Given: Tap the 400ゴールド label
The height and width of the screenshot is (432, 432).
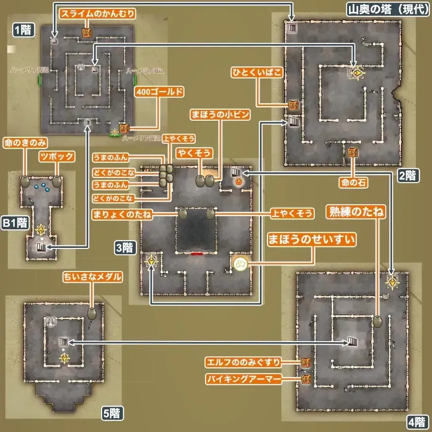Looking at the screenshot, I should click(x=160, y=92).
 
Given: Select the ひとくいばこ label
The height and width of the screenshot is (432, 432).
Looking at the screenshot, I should click(x=257, y=73).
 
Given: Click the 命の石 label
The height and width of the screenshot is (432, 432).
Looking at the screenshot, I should click(x=352, y=182).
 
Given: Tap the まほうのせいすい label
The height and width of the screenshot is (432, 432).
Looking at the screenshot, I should click(x=311, y=240).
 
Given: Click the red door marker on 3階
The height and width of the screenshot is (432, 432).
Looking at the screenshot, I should click(x=197, y=253).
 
